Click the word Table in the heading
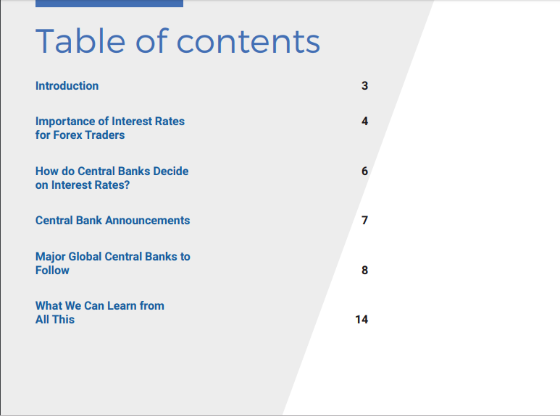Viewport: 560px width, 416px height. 80,41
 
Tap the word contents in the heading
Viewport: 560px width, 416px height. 248,42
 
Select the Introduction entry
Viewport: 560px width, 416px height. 67,85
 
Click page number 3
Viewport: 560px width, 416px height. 364,85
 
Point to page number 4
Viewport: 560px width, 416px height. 364,121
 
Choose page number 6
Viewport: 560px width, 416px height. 364,171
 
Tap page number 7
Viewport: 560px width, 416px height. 364,220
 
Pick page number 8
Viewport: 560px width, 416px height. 364,270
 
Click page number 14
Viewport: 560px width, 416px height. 362,319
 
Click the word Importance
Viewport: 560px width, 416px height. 65,122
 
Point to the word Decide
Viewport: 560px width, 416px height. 171,171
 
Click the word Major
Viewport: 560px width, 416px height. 51,257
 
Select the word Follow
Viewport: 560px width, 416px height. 52,270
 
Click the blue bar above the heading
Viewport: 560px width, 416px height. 109,3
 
